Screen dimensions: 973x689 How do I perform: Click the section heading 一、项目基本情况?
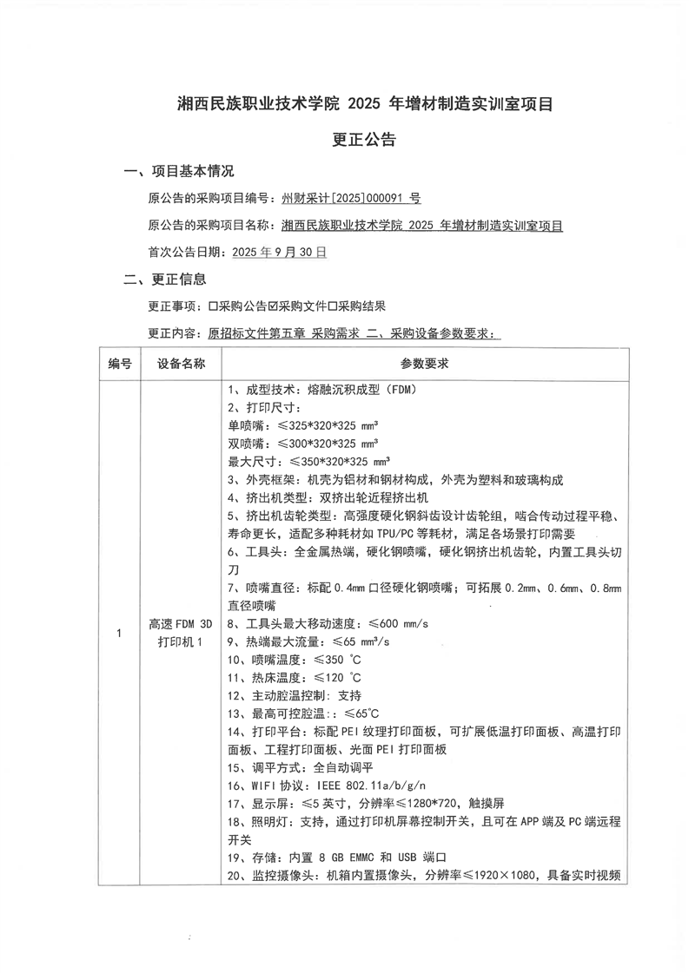(x=179, y=171)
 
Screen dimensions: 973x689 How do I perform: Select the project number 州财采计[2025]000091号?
(x=352, y=199)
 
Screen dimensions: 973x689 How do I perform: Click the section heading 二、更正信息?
(x=165, y=279)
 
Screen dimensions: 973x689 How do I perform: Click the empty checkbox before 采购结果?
(x=333, y=306)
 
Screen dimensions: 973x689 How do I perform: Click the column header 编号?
(x=120, y=364)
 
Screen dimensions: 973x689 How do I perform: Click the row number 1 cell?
(x=120, y=633)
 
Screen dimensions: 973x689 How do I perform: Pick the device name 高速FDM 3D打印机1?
(x=181, y=633)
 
